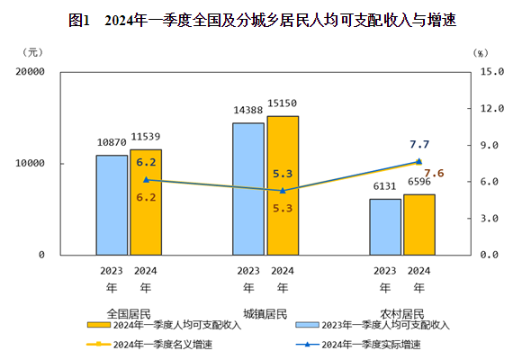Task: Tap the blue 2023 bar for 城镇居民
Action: pos(248,189)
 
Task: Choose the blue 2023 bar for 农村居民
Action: pos(385,227)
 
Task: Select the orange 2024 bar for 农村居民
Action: pos(419,225)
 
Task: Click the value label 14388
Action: pos(248,110)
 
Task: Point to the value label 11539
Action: pos(147,137)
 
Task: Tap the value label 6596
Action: pos(419,182)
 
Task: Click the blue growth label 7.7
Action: pos(419,144)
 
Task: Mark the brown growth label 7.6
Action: pos(434,173)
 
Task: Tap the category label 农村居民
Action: pos(400,313)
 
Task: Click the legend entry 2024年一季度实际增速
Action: pos(371,345)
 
